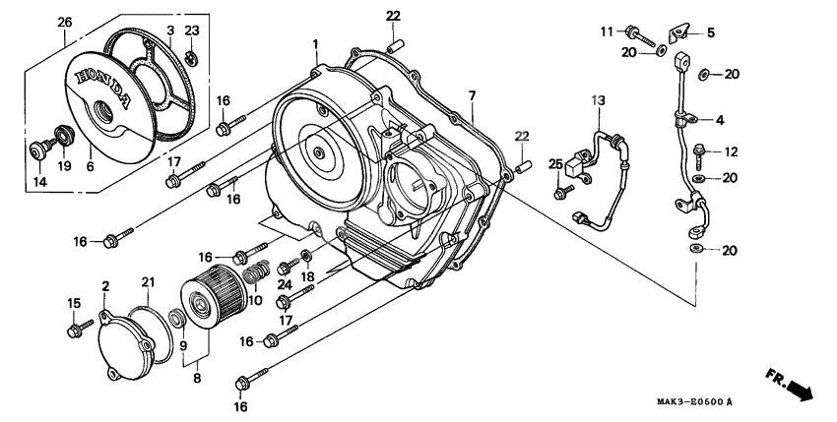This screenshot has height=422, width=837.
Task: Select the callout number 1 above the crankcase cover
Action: pos(316,45)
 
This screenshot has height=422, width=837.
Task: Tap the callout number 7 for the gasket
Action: pos(472,94)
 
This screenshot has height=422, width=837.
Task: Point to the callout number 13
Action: pos(598,101)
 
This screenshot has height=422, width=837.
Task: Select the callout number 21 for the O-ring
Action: pos(147,283)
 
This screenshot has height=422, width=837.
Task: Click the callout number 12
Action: pos(730,152)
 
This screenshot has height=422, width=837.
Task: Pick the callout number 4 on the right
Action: pos(720,121)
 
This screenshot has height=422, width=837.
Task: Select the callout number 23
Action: pos(192,30)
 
